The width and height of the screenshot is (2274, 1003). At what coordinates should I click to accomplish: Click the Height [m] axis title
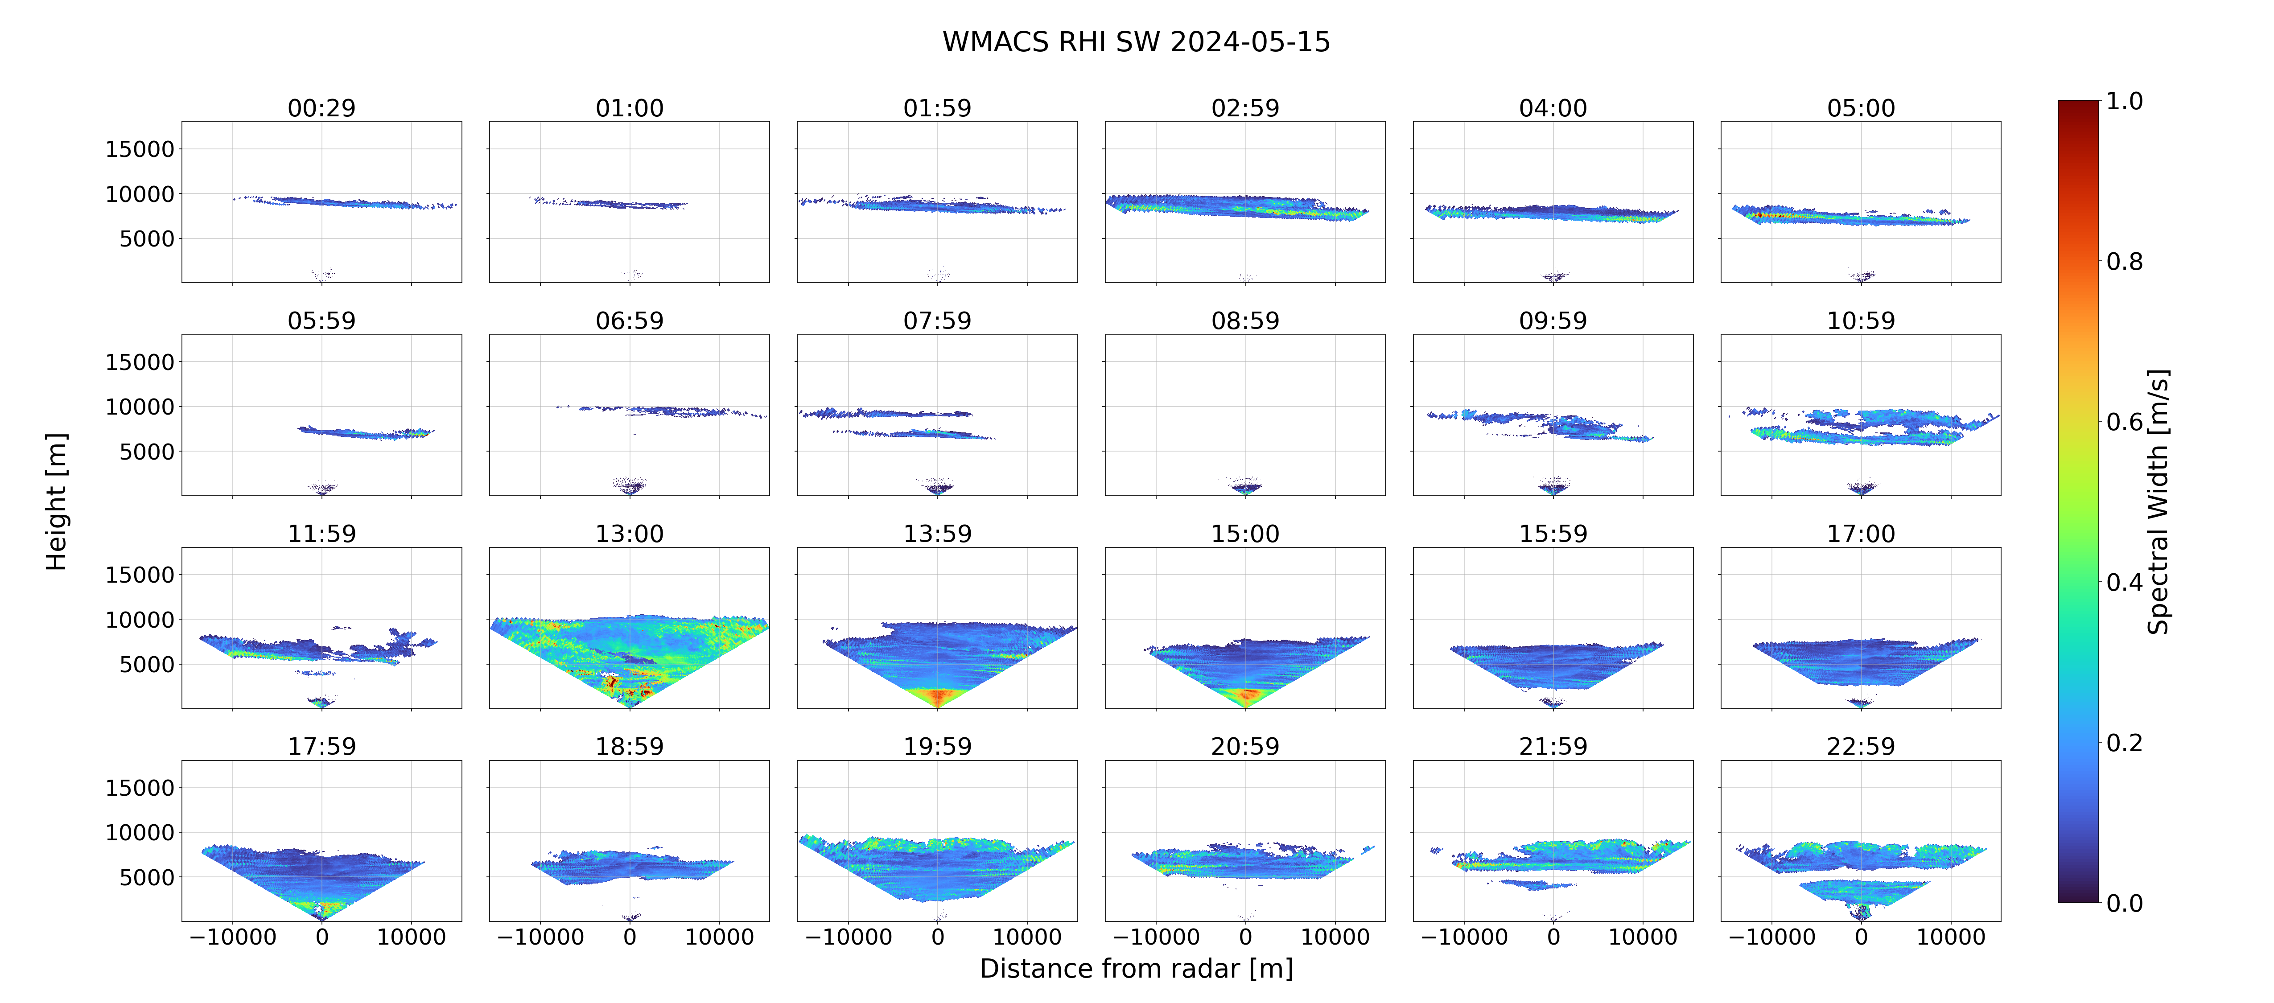pos(56,501)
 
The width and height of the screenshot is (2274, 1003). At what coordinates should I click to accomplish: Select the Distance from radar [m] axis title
pos(1136,969)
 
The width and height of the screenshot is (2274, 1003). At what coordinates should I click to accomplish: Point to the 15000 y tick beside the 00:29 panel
pos(140,149)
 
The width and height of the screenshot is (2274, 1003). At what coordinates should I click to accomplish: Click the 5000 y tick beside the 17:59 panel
pos(147,878)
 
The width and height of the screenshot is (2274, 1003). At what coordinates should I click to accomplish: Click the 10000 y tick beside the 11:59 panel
pos(140,620)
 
